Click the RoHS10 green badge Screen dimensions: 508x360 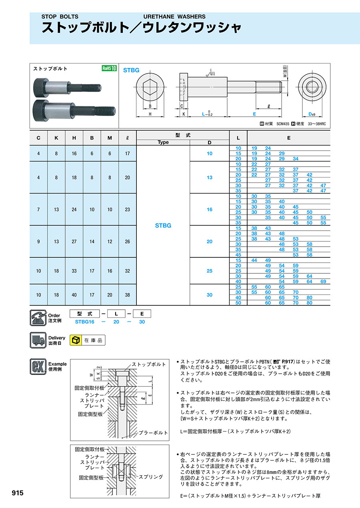pos(109,68)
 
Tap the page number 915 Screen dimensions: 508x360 pos(18,493)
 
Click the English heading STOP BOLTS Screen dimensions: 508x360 pos(60,17)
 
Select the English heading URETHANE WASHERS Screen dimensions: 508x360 pos(174,17)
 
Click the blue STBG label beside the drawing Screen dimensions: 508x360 pos(131,70)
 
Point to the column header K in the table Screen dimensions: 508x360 pos(56,138)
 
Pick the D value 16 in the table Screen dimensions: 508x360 pos(210,209)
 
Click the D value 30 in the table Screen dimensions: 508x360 pos(210,295)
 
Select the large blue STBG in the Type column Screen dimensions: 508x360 pos(163,225)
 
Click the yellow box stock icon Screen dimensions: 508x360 pos(75,340)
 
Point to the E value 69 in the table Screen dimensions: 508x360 pos(323,281)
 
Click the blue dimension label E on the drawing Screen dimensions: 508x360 pos(254,114)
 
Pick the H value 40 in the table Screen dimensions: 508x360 pos(74,295)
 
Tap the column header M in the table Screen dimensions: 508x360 pos(110,138)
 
